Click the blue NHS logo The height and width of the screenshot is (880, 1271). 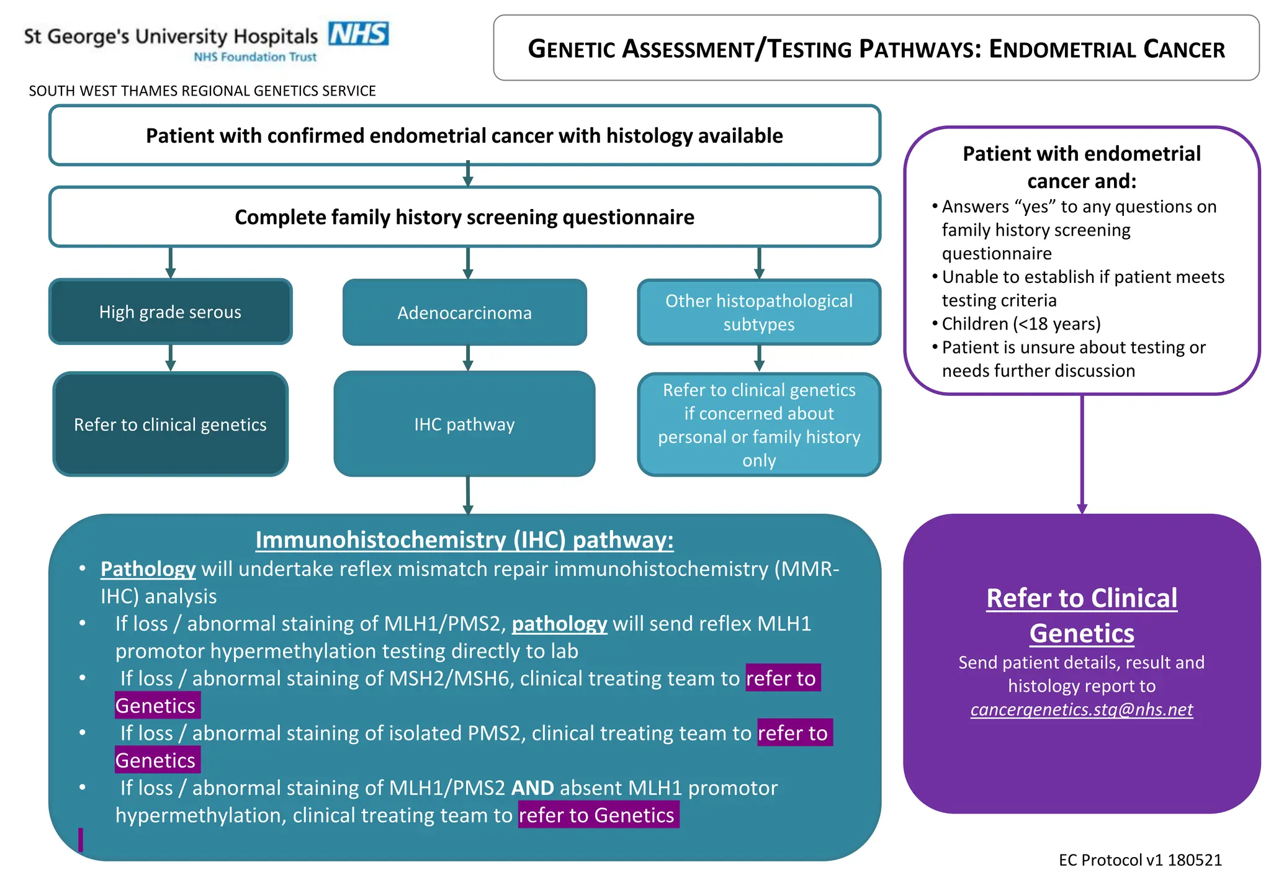point(358,34)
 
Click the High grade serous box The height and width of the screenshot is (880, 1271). point(170,312)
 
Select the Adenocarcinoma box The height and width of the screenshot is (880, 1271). point(464,312)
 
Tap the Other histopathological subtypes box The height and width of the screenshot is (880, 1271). point(758,312)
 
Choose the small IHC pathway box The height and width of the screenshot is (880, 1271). point(464,424)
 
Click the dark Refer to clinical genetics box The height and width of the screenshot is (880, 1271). point(170,424)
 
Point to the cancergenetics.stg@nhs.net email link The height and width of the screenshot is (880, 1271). point(1081,709)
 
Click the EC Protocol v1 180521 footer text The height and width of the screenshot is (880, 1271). point(1139,860)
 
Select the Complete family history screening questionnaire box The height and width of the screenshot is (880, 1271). point(464,217)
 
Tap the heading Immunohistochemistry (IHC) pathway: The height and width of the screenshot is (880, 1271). point(464,540)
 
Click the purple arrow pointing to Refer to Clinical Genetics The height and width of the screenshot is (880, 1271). point(1082,453)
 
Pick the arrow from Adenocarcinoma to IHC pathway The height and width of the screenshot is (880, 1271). point(468,358)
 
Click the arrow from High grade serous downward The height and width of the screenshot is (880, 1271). point(171,358)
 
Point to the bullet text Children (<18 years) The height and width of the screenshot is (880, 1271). point(1021,324)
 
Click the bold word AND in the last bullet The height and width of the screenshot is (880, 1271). point(532,788)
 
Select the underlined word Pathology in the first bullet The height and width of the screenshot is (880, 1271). point(148,569)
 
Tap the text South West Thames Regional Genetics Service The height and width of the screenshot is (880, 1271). point(202,91)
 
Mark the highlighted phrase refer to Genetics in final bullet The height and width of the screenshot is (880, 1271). point(598,815)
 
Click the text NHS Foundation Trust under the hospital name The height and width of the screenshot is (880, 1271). point(255,57)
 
